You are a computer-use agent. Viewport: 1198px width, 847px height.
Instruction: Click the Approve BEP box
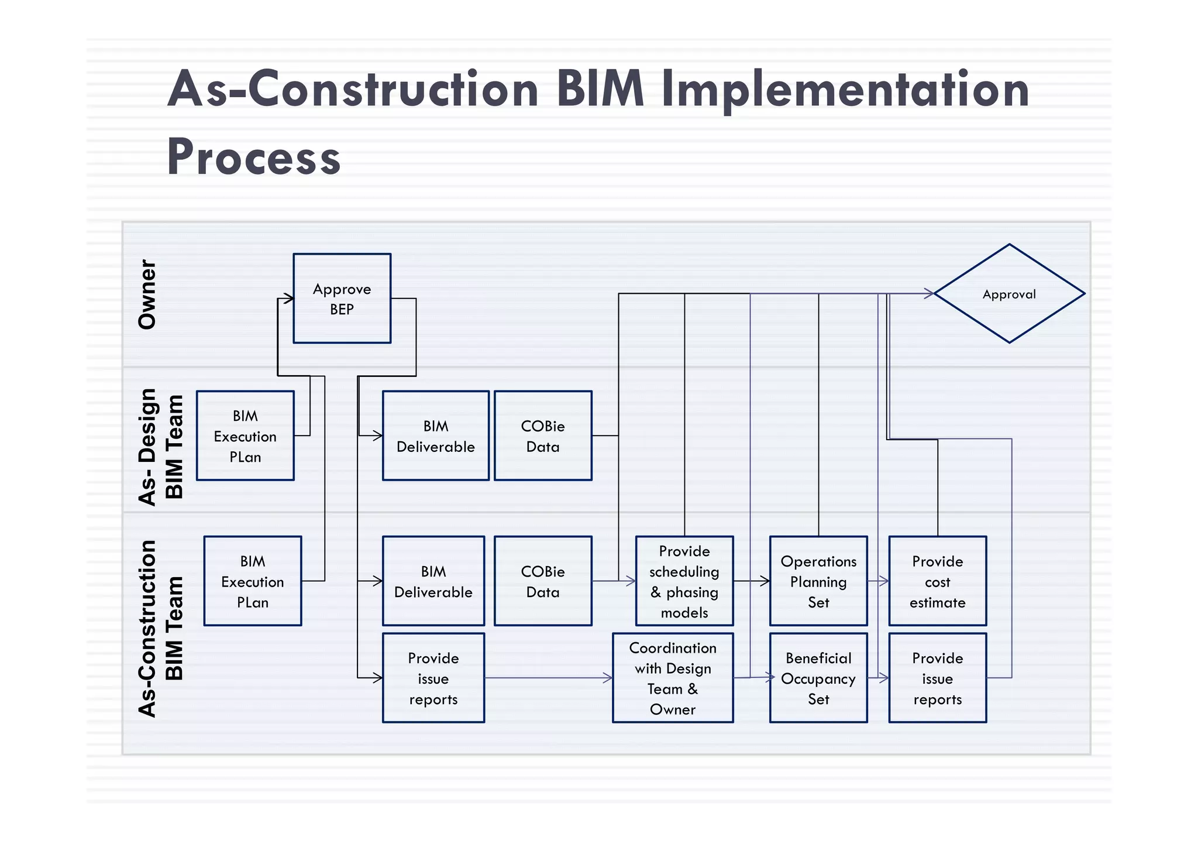coord(342,299)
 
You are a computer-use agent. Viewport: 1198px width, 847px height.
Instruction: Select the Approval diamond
coord(1009,294)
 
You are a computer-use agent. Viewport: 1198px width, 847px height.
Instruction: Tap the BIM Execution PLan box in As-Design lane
coord(245,436)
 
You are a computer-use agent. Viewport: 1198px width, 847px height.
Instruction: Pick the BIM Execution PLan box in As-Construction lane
coord(253,581)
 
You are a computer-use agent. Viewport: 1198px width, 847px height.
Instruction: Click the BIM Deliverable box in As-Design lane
coord(436,436)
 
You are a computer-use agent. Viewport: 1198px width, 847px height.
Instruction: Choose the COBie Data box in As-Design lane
coord(543,436)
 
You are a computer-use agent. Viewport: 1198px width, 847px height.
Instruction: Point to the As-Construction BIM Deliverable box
coord(433,581)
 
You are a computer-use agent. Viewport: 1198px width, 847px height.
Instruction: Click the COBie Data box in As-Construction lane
coord(543,581)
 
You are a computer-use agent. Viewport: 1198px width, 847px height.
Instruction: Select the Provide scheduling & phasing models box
coord(684,581)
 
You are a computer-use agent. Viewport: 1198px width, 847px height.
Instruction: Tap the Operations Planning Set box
coord(818,581)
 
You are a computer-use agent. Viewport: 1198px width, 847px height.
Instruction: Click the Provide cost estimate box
coord(938,581)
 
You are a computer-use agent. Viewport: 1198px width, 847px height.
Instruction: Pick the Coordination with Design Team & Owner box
coord(673,678)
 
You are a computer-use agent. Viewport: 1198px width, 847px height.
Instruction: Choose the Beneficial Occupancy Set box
coord(818,678)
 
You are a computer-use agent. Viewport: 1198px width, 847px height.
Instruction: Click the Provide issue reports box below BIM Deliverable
coord(433,678)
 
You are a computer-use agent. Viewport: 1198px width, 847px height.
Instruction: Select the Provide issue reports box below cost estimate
coord(938,678)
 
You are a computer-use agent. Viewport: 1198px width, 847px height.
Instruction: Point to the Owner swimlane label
coord(147,294)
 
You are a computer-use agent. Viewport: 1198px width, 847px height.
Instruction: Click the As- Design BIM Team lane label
coord(161,446)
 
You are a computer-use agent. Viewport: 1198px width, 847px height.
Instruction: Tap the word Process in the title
coord(254,157)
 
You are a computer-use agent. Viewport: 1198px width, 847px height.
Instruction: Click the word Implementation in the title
coord(845,89)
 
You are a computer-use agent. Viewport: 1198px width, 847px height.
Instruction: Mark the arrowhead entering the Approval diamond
coord(929,294)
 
